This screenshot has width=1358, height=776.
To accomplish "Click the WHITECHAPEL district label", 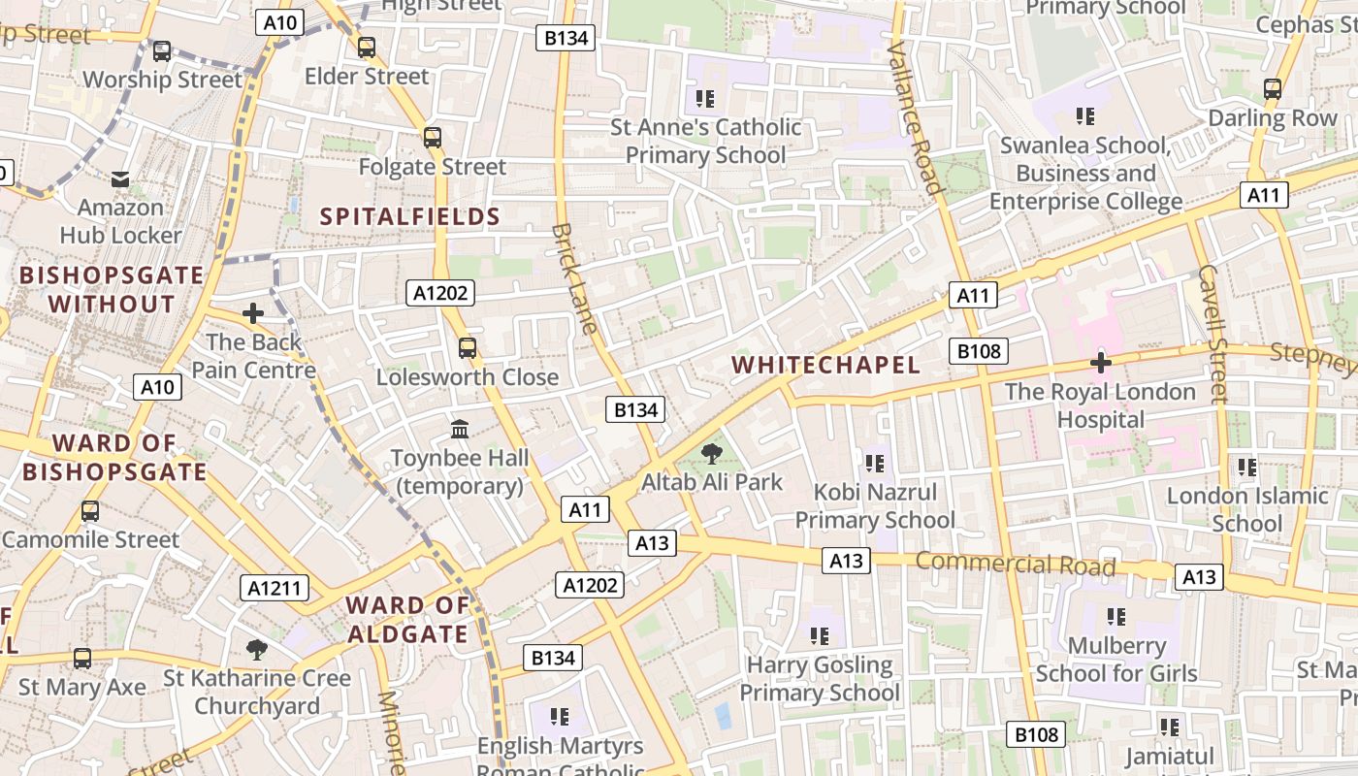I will tap(825, 365).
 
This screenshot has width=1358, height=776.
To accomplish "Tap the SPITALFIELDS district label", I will tap(410, 216).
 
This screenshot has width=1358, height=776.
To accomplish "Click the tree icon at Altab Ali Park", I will tap(712, 453).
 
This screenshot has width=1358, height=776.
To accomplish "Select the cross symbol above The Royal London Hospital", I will tap(1100, 363).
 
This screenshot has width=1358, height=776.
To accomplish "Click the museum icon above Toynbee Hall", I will tap(460, 428).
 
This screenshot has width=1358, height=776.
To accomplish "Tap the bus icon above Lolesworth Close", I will tap(468, 347).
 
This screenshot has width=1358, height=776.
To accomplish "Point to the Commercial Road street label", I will tap(1015, 564).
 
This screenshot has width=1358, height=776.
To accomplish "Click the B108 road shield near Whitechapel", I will tap(978, 351).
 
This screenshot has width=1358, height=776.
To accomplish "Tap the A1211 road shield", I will tap(275, 588).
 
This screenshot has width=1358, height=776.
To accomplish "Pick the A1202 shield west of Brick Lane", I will tap(440, 293).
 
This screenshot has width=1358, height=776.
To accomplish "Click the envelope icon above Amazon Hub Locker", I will tap(120, 179).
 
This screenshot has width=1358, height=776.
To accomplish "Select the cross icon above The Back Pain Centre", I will tap(253, 313).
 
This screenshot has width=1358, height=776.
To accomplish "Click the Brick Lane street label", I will tap(574, 278).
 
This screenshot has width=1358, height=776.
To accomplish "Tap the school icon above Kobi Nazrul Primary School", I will tap(875, 464).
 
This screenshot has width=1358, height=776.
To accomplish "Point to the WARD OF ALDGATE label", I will tap(407, 620).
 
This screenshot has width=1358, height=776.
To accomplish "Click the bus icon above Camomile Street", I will tap(90, 510).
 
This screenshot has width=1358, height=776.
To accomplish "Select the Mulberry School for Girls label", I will tap(1116, 659).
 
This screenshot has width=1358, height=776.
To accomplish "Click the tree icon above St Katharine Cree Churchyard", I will tap(256, 649).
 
